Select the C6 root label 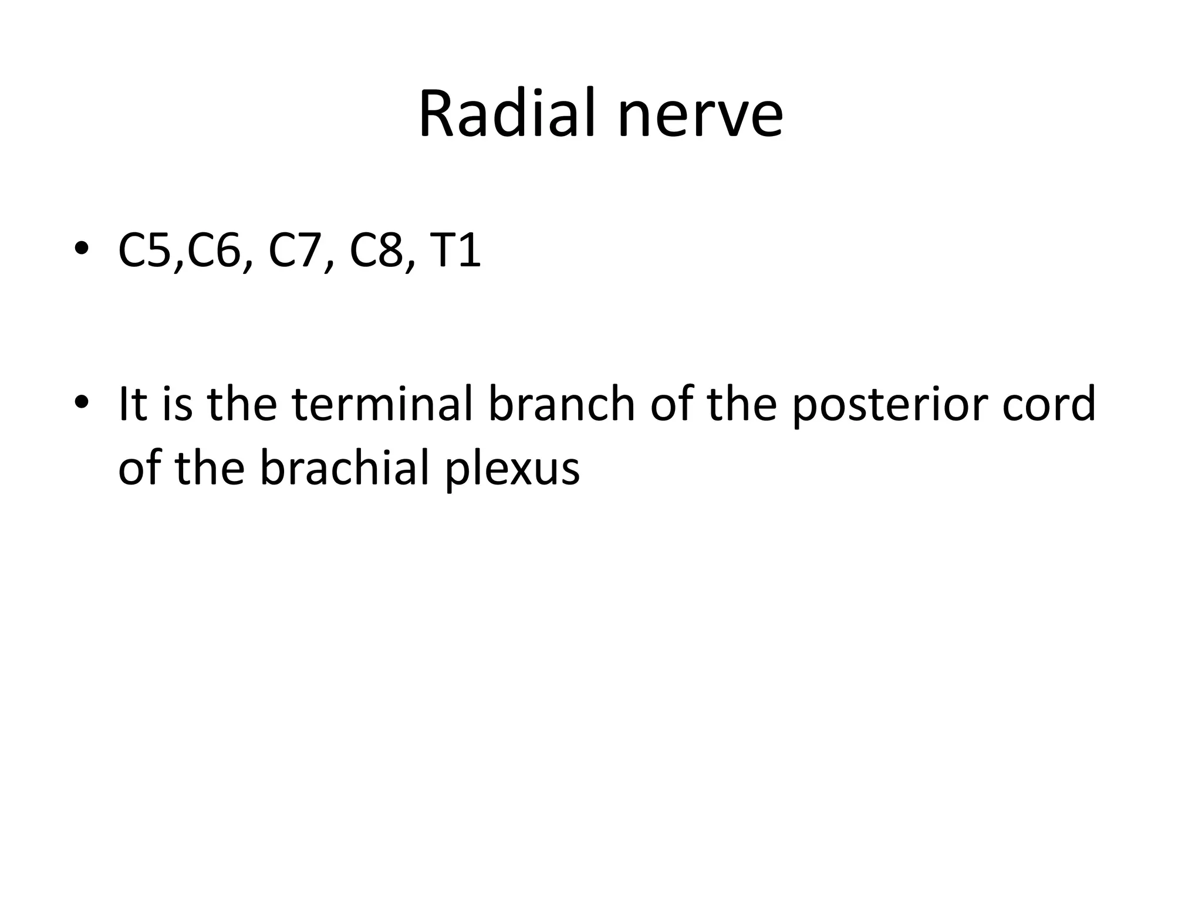(214, 250)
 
